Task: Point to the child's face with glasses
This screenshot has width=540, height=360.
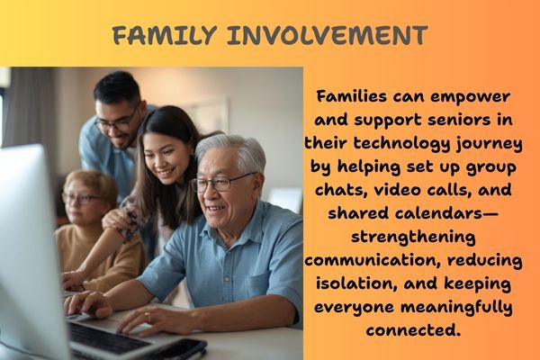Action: [83, 199]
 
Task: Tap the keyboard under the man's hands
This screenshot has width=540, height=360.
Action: [103, 335]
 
